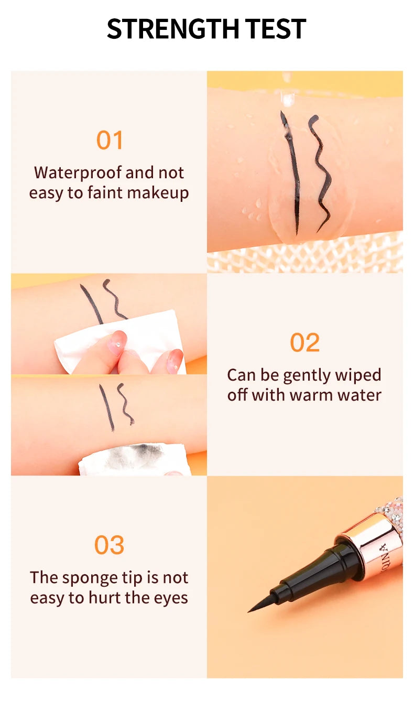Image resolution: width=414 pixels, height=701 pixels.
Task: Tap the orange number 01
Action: tap(109, 141)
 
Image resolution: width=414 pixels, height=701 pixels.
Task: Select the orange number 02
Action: tap(304, 343)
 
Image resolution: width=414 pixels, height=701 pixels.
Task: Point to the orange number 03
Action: tap(109, 545)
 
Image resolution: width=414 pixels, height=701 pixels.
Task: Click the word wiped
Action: tap(357, 375)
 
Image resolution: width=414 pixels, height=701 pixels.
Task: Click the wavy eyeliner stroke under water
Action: tap(321, 173)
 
